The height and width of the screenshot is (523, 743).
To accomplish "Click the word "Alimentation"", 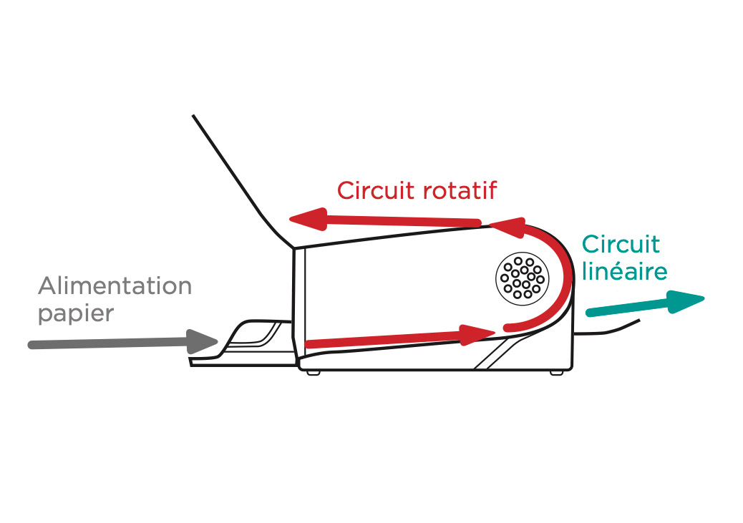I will point(115,286).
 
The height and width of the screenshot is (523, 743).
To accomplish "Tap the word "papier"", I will point(75,314).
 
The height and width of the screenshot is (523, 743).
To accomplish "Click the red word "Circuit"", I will point(368,190).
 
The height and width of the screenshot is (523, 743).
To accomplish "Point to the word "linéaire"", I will point(624,272).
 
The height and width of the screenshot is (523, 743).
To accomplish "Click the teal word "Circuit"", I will point(621,244).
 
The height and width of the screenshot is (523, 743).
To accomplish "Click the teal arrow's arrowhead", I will point(686,300).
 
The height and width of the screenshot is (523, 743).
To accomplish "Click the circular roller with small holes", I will point(521,278).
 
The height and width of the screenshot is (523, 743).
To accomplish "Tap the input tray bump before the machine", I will point(254,336).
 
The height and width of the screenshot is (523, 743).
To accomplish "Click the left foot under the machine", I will point(312,373).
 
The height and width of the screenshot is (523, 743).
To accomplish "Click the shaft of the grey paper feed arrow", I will point(107,345).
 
